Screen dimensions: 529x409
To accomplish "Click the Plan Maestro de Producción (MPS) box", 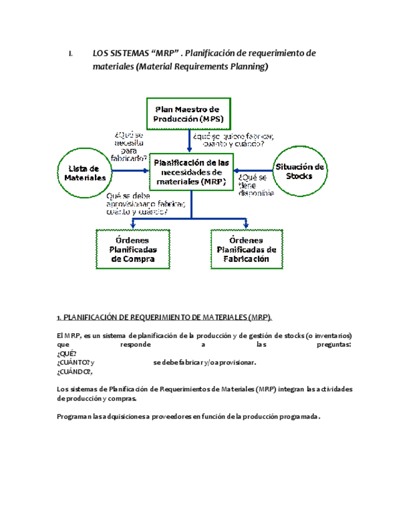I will (189, 113).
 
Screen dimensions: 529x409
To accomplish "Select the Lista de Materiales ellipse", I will (85, 172).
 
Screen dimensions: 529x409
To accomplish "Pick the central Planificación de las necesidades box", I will (190, 172).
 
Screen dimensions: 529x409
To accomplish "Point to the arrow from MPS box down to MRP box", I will (190, 140).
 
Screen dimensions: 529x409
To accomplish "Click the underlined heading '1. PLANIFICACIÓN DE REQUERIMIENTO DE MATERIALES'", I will (164, 316).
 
